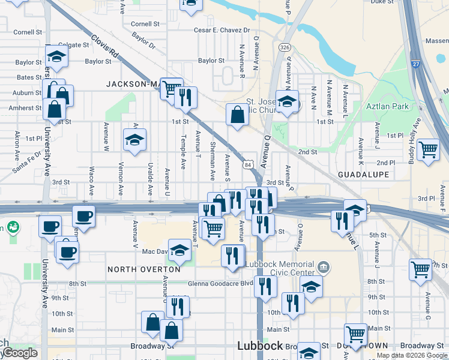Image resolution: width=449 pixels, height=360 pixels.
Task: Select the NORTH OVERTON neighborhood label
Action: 143,269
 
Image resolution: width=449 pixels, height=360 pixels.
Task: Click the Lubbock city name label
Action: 259,346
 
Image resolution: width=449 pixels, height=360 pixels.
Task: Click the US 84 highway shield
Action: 248,164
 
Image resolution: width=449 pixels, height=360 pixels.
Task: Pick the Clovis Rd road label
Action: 104,47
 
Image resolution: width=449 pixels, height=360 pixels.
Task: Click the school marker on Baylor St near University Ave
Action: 56,57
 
